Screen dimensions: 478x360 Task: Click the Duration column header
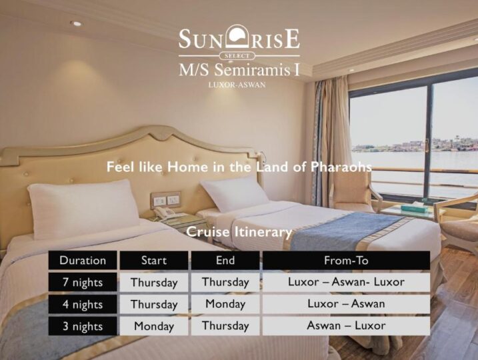tap(83, 260)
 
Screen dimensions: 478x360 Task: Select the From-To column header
tap(346, 260)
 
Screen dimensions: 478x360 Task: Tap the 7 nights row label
tap(83, 282)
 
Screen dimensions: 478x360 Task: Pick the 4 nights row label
tap(83, 304)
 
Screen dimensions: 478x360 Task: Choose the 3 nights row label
tap(83, 326)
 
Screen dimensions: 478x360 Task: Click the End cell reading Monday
tap(225, 304)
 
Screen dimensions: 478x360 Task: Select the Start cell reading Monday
tap(154, 326)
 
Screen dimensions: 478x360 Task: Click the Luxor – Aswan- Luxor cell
tap(346, 282)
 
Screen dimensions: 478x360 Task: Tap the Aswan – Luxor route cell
tap(346, 326)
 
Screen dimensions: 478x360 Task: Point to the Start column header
tap(154, 260)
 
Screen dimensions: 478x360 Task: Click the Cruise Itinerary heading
tap(239, 232)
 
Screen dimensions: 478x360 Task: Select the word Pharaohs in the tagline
tap(341, 167)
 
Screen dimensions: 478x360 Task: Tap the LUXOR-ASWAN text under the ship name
tap(237, 85)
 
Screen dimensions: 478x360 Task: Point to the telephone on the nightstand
tap(166, 213)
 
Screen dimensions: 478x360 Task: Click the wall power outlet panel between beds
tap(165, 200)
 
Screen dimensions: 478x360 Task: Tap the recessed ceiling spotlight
tap(75, 23)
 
